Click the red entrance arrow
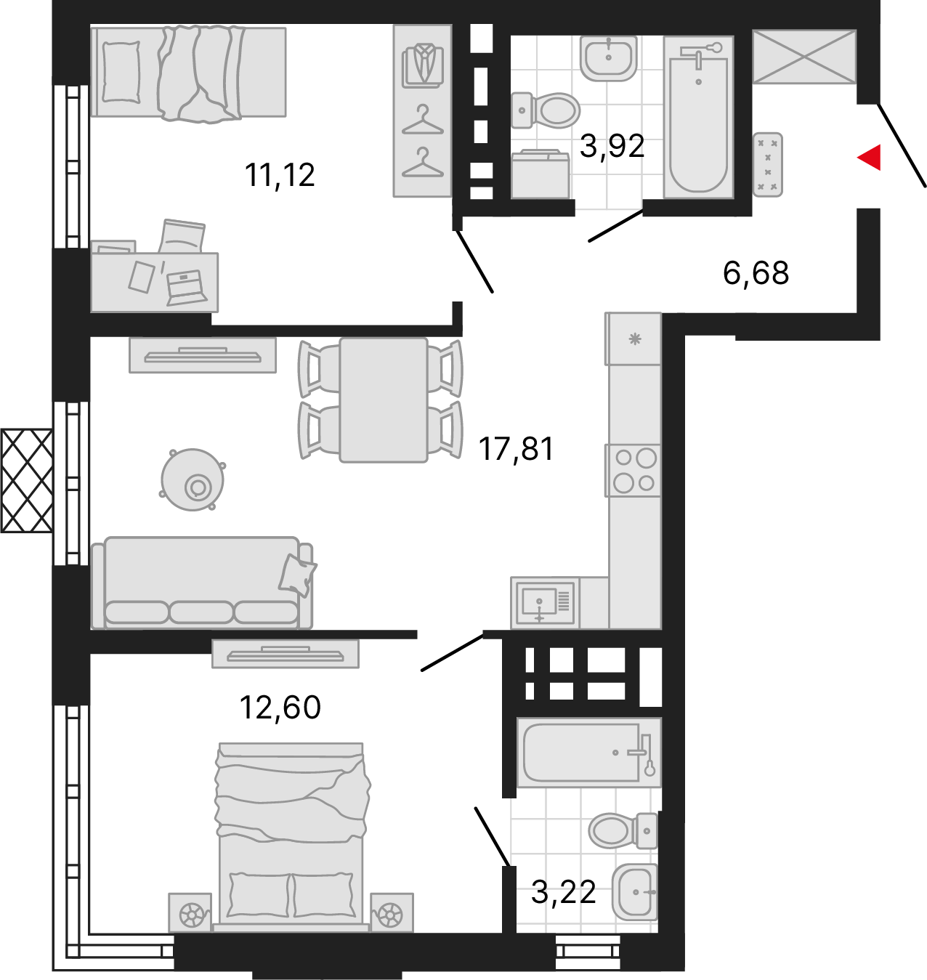870,158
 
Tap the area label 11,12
280,176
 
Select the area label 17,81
516,449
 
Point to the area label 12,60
280,708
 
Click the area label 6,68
756,273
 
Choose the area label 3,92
612,147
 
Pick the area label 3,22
564,892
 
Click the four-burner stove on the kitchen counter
633,471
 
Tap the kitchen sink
545,603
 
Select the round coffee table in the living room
193,479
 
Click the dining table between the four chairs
384,400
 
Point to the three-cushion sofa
202,583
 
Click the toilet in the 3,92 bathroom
546,110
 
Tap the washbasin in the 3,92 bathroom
609,58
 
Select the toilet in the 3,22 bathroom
623,830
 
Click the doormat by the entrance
767,164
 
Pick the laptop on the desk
186,288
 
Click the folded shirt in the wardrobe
423,66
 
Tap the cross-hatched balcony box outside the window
26,480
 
